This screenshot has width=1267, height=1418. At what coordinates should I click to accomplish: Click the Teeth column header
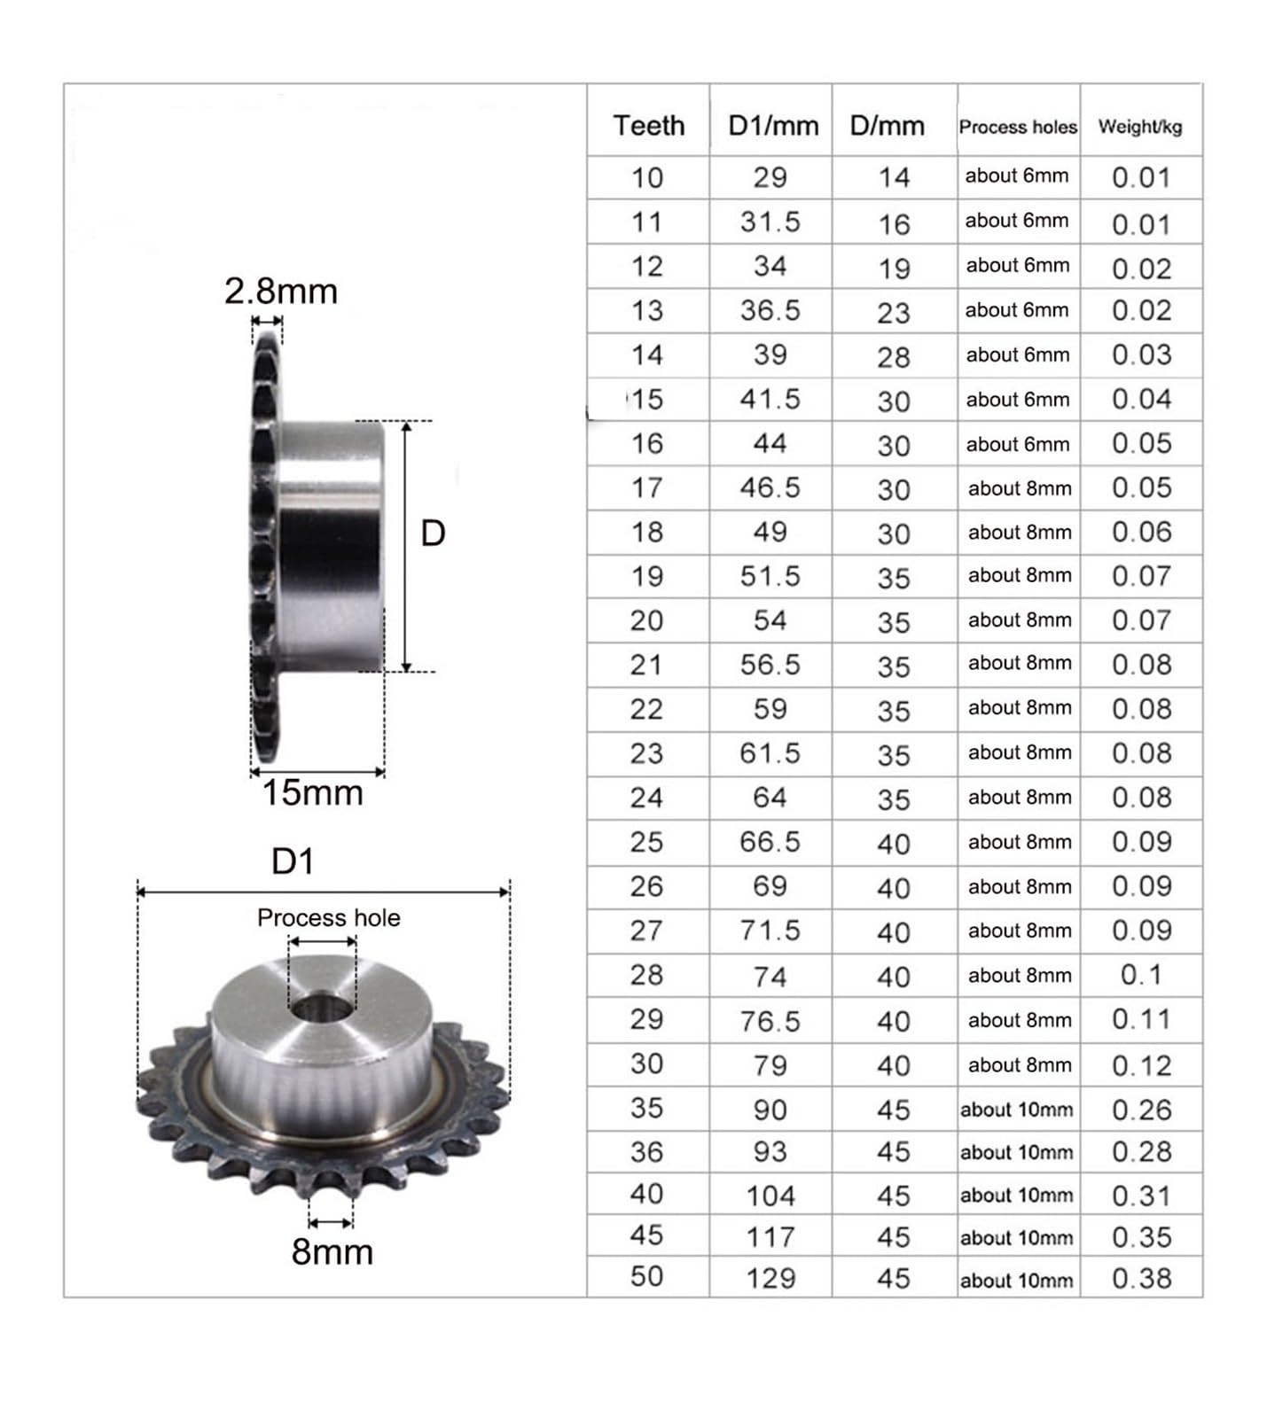tap(648, 125)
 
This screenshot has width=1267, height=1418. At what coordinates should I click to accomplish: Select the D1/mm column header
tap(772, 125)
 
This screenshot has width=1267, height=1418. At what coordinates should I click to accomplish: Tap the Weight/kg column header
tap(1139, 127)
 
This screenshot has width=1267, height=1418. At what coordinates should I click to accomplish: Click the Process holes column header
tap(1017, 127)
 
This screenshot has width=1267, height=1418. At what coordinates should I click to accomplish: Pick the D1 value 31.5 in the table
tap(770, 222)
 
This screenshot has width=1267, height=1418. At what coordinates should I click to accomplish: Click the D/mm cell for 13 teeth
tap(893, 312)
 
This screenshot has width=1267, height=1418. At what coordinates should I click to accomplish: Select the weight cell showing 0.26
tap(1141, 1109)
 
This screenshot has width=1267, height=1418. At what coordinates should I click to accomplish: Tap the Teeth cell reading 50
tap(646, 1276)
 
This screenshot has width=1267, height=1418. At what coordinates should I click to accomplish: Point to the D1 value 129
tap(770, 1277)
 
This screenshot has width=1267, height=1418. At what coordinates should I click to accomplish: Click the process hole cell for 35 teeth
tap(1016, 1109)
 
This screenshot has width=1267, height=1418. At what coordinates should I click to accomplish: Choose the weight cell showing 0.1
tap(1140, 975)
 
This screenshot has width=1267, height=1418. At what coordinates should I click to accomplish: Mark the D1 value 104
tap(770, 1196)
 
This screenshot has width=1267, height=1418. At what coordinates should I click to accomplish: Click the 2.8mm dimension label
tap(280, 291)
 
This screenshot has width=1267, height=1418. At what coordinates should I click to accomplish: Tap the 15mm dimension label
tap(312, 792)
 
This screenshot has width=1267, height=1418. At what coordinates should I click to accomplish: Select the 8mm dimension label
tap(332, 1251)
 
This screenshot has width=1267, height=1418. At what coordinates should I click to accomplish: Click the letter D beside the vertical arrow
tap(433, 534)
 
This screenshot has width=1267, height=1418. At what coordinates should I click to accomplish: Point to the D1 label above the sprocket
tap(293, 861)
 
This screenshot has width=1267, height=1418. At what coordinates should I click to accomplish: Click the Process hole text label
tap(328, 917)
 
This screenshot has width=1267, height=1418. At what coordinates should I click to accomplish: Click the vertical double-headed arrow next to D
tap(406, 546)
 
